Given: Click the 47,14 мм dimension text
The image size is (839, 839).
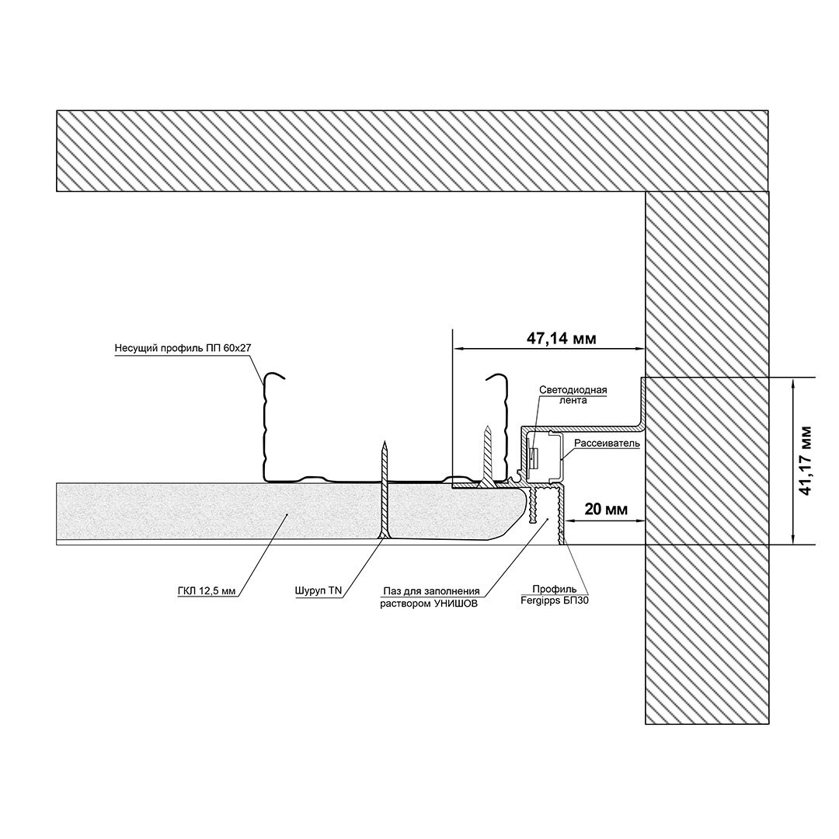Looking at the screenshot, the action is tap(561, 339).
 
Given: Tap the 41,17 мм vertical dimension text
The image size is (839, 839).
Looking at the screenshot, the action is tap(806, 461).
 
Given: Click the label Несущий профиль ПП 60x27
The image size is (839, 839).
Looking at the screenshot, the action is tap(183, 348).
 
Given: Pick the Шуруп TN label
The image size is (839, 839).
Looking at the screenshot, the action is tap(318, 591).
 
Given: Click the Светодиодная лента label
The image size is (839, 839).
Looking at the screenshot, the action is tap(573, 395).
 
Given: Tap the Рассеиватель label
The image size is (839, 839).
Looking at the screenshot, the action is tap(607, 444).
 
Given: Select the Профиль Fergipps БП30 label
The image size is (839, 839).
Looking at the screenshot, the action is tap(555, 596).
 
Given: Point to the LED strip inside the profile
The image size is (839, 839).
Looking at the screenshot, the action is tap(534, 458).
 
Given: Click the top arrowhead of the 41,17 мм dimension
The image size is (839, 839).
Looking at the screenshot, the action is tap(793, 382).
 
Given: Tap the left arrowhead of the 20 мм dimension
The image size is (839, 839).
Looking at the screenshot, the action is tap(570, 520).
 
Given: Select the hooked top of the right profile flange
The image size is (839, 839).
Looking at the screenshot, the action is tap(496, 376).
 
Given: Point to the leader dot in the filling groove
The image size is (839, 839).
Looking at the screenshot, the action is tap(546, 518).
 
